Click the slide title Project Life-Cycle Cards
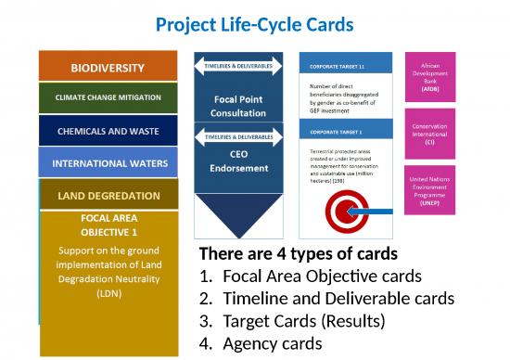pos(255,23)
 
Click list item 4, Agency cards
pos(269,342)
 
